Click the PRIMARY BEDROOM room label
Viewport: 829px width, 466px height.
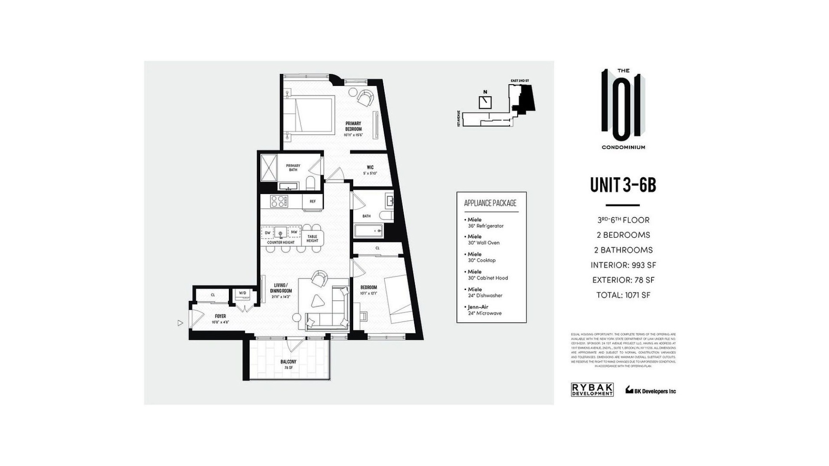click(x=353, y=126)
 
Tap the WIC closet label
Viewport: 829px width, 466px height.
click(x=370, y=167)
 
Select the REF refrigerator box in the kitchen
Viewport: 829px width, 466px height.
click(x=313, y=202)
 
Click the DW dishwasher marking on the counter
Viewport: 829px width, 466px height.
click(x=268, y=233)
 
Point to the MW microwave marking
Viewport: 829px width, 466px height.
click(x=294, y=232)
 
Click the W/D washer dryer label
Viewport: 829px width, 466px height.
click(x=242, y=293)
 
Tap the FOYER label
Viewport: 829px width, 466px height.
click(x=220, y=316)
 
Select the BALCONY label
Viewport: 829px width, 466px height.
click(x=288, y=362)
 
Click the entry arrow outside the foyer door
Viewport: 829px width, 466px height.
click(x=180, y=323)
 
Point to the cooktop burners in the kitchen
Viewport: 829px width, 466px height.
click(x=279, y=201)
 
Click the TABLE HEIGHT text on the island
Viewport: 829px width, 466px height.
click(x=312, y=238)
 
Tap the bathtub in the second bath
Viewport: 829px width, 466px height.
click(x=368, y=231)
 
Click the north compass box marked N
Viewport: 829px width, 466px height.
click(x=485, y=102)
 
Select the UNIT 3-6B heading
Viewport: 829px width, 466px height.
click(x=623, y=185)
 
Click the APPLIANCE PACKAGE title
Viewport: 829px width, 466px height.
click(x=490, y=203)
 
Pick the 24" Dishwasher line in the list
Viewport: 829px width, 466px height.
click(x=485, y=296)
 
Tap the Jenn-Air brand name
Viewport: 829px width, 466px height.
click(x=478, y=307)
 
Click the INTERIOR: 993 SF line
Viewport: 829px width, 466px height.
click(x=623, y=265)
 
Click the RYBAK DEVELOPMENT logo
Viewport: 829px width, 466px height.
click(x=592, y=390)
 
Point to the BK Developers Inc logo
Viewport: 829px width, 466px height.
click(x=651, y=390)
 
